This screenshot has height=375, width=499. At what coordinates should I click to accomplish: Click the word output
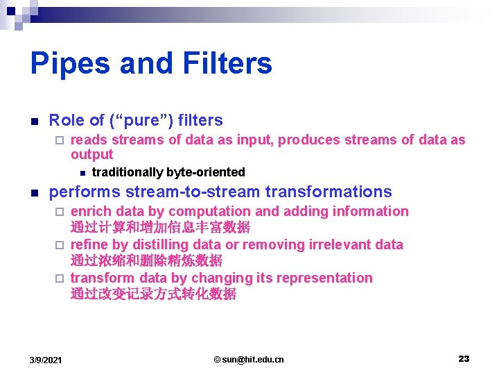click(x=91, y=154)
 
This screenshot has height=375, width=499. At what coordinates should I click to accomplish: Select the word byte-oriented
click(x=205, y=172)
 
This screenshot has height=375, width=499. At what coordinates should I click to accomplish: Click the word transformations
click(x=328, y=192)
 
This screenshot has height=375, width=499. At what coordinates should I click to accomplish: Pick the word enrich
click(x=91, y=211)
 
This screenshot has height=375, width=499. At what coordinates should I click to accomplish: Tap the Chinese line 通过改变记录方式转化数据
click(x=153, y=294)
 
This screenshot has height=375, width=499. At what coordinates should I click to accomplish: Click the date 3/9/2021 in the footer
click(x=46, y=359)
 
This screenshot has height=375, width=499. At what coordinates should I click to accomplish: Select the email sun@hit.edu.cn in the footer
click(x=249, y=359)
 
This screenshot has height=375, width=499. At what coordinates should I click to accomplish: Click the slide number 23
click(x=464, y=358)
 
